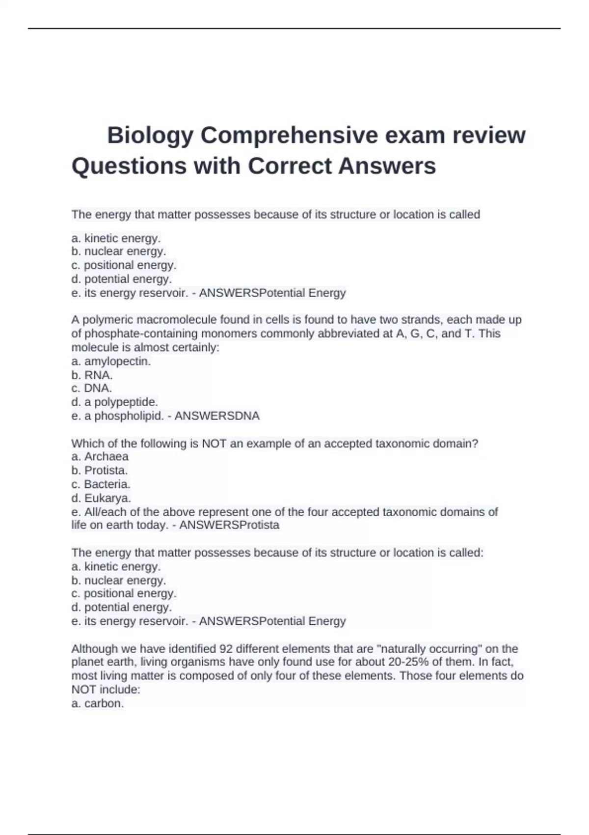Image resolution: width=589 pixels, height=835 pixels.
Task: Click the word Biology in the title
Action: click(150, 136)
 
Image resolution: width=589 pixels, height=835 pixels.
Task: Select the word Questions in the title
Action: click(129, 166)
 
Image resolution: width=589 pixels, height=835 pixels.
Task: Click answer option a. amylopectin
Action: click(111, 362)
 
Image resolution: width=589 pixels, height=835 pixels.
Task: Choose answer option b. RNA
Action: click(92, 375)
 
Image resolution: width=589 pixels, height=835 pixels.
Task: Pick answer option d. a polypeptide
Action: click(114, 402)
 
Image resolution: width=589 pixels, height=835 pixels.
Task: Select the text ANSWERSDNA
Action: click(217, 416)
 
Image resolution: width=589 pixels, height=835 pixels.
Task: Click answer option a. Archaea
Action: click(100, 457)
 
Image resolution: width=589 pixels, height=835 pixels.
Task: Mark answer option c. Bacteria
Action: click(101, 484)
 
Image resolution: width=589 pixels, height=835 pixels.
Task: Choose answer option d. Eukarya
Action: click(101, 498)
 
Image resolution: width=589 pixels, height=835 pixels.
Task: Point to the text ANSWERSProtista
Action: click(229, 525)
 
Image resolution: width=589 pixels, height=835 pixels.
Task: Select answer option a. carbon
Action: click(98, 703)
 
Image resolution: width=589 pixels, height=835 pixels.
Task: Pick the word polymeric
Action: click(107, 320)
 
